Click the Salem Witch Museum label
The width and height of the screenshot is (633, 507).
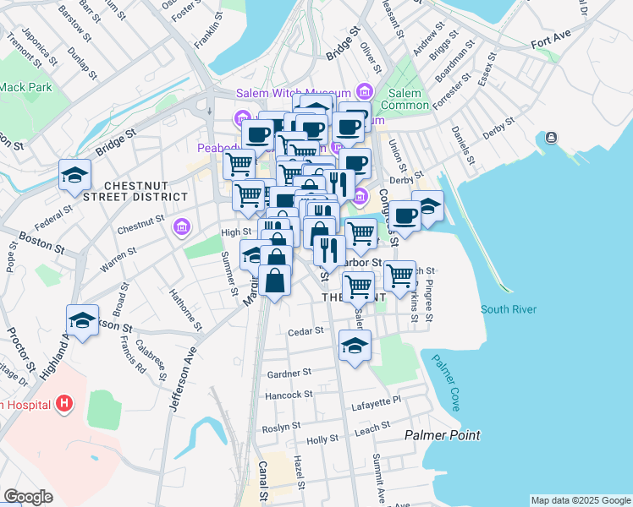point(305,93)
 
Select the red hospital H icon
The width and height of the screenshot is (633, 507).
point(63,404)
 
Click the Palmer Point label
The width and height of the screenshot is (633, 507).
point(442,435)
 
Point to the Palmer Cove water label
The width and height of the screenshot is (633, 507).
point(445,383)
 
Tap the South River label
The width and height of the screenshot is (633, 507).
point(509,309)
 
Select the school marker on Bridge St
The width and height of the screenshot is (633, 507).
point(74,176)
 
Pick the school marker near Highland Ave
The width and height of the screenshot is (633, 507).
point(83,321)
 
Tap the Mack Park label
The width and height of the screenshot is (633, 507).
point(25,86)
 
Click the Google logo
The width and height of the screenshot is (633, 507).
point(28,497)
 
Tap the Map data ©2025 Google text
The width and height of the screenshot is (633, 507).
point(581,500)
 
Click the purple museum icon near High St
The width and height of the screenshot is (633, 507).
point(180,226)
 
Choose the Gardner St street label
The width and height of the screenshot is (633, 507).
point(289,372)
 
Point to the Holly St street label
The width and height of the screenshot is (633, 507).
point(322,440)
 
